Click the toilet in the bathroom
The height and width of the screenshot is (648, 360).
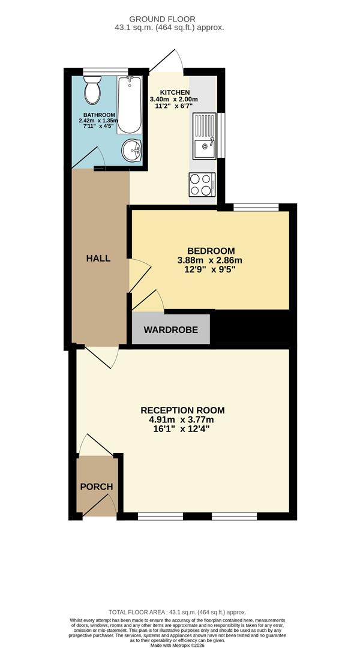click(92, 91)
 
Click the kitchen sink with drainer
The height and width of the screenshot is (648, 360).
click(204, 136)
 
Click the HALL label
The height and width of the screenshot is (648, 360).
click(98, 258)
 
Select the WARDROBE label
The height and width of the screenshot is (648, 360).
click(170, 330)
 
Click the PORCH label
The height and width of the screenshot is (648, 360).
click(97, 487)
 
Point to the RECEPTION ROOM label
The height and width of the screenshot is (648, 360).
click(182, 410)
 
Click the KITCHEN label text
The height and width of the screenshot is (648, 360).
click(174, 92)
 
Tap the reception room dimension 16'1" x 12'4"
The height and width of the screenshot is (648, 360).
click(182, 429)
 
